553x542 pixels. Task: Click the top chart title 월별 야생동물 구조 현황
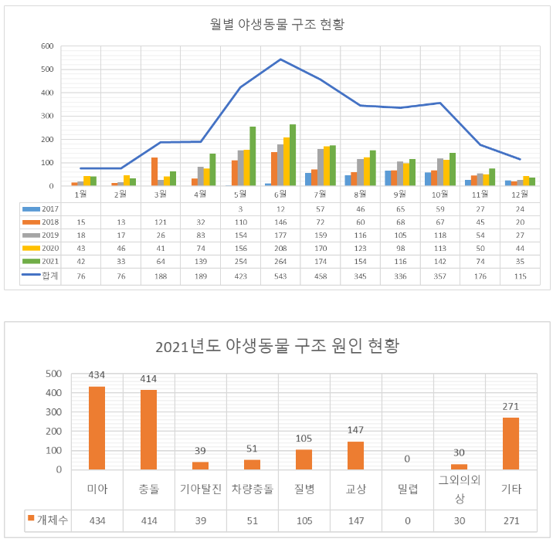[276, 24]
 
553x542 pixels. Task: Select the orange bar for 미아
[97, 428]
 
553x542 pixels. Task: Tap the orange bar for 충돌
[148, 430]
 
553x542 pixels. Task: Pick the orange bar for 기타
[510, 444]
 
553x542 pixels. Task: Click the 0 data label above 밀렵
[406, 459]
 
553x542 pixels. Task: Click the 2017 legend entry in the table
[42, 208]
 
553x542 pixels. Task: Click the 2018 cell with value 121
[160, 222]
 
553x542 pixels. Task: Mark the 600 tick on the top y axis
[46, 46]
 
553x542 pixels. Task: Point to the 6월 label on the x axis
[280, 194]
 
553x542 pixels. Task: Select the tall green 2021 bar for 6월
[292, 155]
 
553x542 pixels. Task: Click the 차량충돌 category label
[252, 488]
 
